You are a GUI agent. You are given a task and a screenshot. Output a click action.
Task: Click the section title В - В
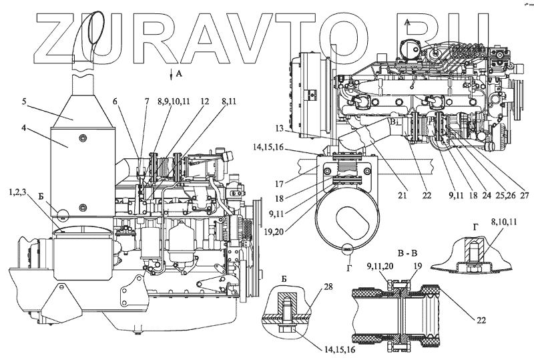(408, 253)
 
